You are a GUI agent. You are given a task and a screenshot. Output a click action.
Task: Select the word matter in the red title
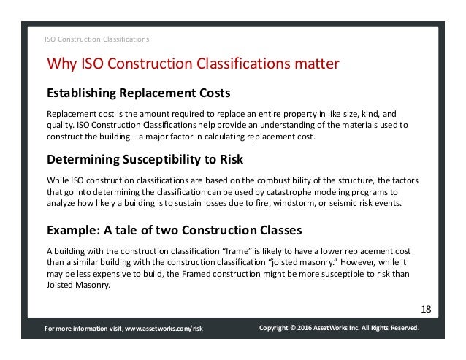pyautogui.click(x=313, y=65)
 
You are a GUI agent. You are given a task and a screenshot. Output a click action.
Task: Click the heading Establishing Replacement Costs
pyautogui.click(x=139, y=94)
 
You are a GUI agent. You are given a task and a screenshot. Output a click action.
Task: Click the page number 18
pyautogui.click(x=425, y=309)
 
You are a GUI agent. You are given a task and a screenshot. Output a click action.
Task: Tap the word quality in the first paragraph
pyautogui.click(x=59, y=126)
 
